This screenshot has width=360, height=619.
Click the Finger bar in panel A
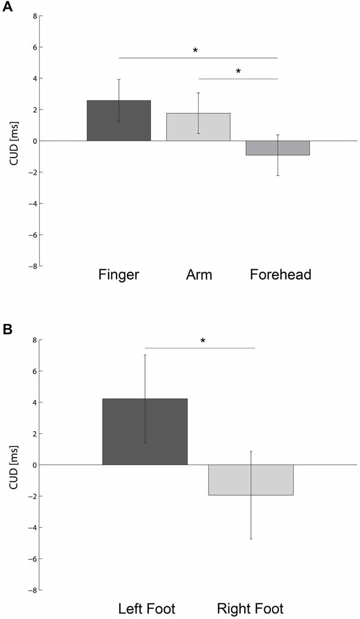tap(119, 120)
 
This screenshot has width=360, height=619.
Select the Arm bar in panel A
tap(198, 127)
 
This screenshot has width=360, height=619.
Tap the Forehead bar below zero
tap(278, 148)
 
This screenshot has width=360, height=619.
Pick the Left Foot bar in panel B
tap(145, 431)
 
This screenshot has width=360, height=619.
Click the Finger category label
tap(119, 275)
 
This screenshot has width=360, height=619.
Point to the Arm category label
tap(199, 275)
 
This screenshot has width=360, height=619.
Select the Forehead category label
tap(280, 275)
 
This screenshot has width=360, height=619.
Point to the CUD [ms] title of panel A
tap(14, 141)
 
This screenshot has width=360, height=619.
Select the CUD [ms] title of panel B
tap(14, 465)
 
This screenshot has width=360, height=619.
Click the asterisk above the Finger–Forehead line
tap(195, 51)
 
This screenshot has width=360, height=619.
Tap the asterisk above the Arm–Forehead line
tap(238, 72)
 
